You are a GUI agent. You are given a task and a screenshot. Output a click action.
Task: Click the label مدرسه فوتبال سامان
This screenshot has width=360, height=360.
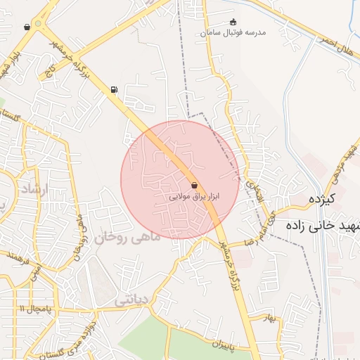[233, 33]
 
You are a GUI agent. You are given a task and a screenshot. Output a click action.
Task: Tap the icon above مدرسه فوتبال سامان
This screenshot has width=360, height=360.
[233, 22]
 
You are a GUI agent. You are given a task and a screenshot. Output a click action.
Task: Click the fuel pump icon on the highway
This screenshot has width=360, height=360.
[114, 89]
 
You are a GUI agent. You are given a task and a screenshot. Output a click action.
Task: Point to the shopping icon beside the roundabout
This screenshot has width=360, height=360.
[27, 27]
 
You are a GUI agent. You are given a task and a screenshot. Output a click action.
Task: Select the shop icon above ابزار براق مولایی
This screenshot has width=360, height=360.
[194, 185]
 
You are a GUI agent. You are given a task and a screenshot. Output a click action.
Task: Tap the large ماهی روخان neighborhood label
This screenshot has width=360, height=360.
[131, 237]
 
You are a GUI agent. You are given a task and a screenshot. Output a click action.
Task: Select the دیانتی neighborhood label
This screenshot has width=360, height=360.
[131, 300]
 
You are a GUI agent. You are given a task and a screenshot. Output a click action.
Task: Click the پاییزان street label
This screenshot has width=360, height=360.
[221, 345]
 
